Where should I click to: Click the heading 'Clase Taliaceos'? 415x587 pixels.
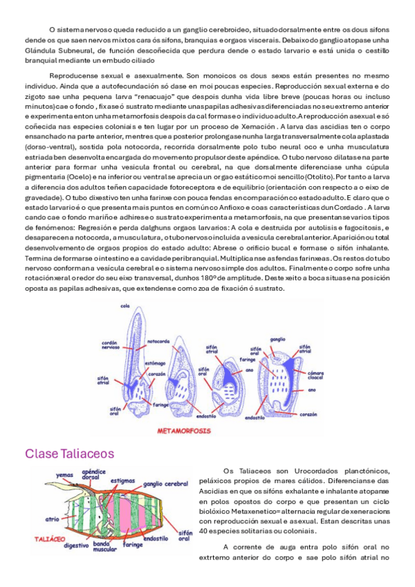click(70, 454)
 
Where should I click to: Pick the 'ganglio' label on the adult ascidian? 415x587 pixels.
click(278, 339)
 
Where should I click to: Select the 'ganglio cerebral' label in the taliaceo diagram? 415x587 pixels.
click(167, 483)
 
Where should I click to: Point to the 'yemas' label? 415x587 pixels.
click(64, 476)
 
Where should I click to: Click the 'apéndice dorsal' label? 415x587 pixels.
click(95, 474)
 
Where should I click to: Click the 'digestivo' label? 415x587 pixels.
click(76, 545)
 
